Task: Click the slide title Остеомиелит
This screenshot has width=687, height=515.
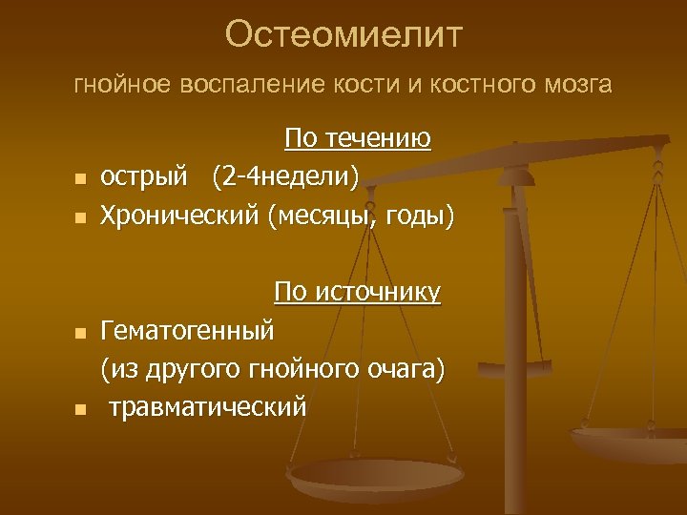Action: pyautogui.click(x=343, y=35)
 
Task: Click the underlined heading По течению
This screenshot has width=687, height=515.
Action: pyautogui.click(x=358, y=139)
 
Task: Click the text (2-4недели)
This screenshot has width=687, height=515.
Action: pyautogui.click(x=286, y=176)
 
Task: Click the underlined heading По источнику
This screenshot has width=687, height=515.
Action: pyautogui.click(x=358, y=292)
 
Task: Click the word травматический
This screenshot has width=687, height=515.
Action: pyautogui.click(x=207, y=407)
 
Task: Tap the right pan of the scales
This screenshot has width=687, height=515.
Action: pyautogui.click(x=630, y=441)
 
